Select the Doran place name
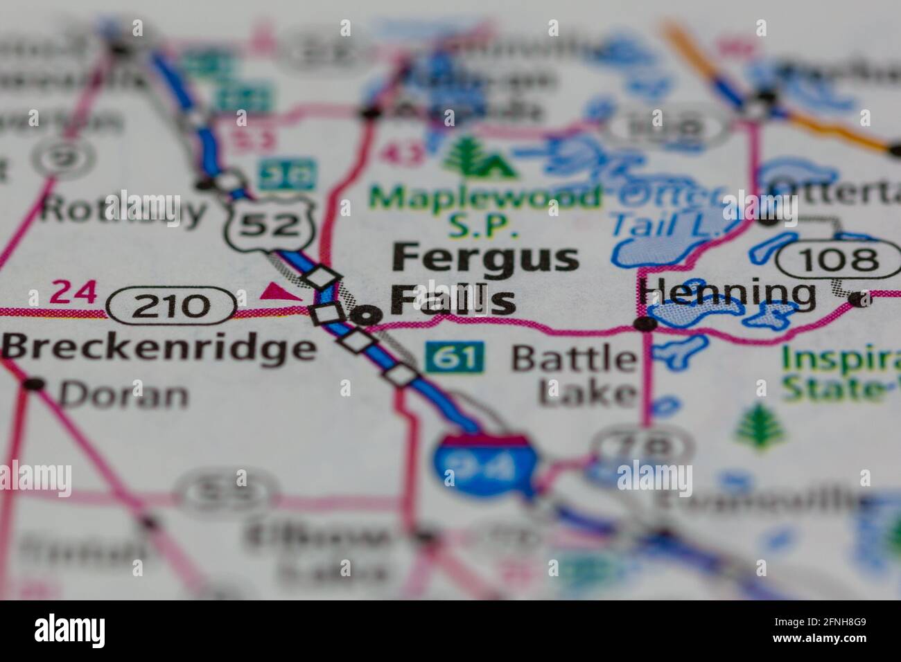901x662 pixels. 123,395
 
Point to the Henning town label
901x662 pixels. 728,293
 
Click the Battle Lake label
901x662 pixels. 574,375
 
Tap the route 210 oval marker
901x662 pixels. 170,304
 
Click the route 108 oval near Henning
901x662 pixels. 837,261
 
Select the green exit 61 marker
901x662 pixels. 455,358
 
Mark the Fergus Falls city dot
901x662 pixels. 366,316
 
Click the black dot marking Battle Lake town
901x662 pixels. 646,323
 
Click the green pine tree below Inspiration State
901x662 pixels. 760,427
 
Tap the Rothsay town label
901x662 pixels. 121,209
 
